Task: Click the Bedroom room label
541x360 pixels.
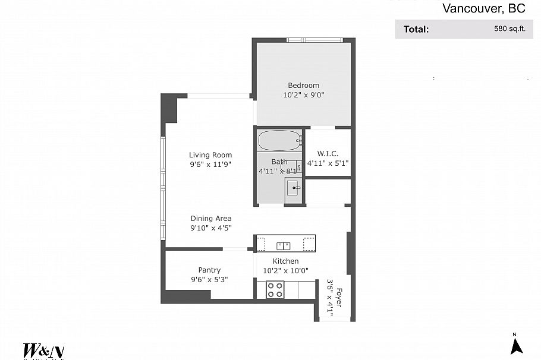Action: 303,85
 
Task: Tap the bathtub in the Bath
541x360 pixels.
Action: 279,141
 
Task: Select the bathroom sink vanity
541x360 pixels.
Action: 294,188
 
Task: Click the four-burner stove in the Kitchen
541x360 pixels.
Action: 275,289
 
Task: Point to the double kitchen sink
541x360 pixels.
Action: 283,245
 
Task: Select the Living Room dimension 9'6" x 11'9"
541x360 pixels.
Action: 210,165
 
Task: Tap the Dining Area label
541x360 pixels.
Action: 210,218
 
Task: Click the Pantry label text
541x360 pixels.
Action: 209,270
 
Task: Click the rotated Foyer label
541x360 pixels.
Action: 339,297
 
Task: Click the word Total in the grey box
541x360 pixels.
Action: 416,29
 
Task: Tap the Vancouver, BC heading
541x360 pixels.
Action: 483,8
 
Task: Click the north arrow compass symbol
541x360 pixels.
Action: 517,345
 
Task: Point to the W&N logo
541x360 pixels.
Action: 43,350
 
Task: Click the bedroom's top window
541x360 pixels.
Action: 314,40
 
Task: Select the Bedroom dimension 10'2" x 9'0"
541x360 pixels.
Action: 303,94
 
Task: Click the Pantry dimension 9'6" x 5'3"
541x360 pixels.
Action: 209,279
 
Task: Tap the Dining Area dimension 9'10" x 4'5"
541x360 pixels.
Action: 210,228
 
